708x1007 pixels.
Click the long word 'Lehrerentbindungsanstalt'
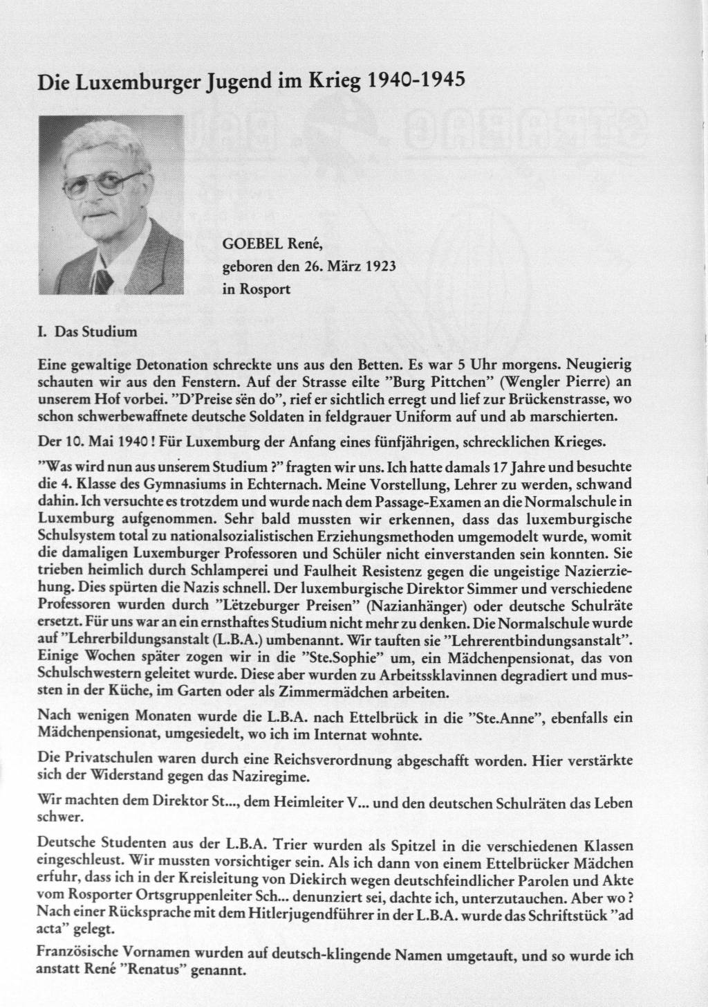pyautogui.click(x=550, y=635)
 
